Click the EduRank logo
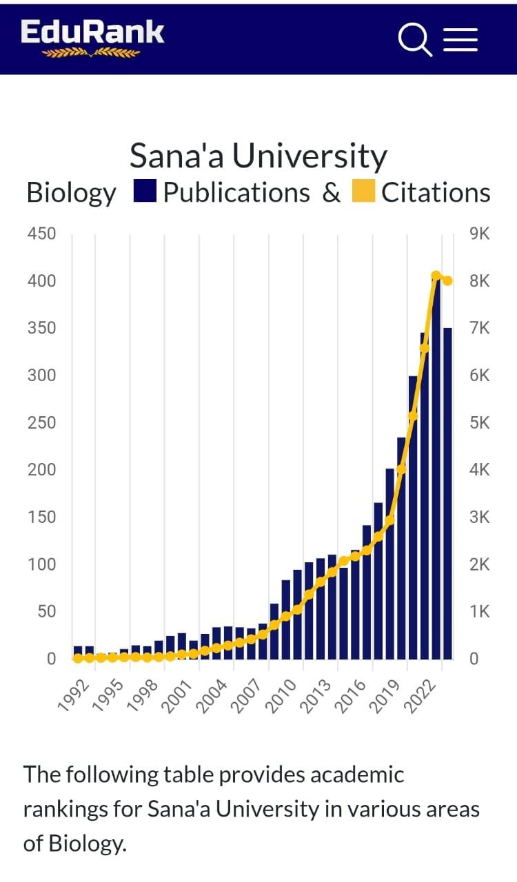pyautogui.click(x=92, y=38)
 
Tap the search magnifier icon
pyautogui.click(x=415, y=39)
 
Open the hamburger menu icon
pyautogui.click(x=460, y=39)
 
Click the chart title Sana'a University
pyautogui.click(x=258, y=156)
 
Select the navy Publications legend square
pyautogui.click(x=146, y=192)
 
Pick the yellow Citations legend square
pyautogui.click(x=363, y=192)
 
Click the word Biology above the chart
pyautogui.click(x=72, y=193)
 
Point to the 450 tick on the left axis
pyautogui.click(x=41, y=234)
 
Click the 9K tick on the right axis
pyautogui.click(x=478, y=234)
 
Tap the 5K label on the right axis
pyautogui.click(x=478, y=422)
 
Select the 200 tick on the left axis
pyautogui.click(x=41, y=470)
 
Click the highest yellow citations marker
pyautogui.click(x=436, y=276)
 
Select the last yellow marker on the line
pyautogui.click(x=447, y=280)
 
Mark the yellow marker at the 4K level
pyautogui.click(x=401, y=469)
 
